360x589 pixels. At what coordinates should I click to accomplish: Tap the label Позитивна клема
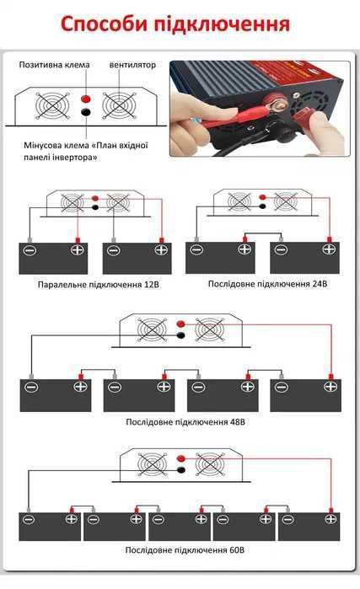tap(55, 65)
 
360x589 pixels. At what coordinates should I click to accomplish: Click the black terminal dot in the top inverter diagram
tap(85, 112)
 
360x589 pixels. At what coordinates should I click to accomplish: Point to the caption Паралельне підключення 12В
tap(92, 284)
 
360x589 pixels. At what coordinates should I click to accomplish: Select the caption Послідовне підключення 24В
tap(267, 284)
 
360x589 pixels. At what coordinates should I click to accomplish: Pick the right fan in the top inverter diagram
tap(117, 105)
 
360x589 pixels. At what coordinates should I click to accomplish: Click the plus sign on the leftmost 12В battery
tap(78, 250)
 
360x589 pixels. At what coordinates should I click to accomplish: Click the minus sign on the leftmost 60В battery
tap(28, 519)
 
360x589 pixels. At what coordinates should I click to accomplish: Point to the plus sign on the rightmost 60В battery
tap(330, 519)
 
